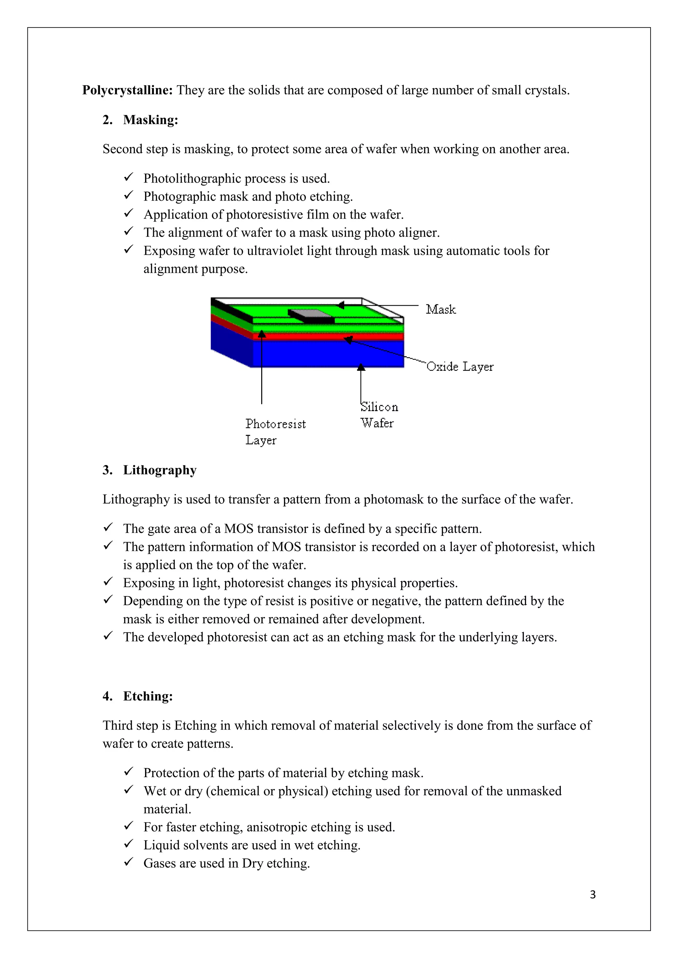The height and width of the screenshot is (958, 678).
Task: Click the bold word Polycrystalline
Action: (x=127, y=90)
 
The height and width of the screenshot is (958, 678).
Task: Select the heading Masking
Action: (x=150, y=120)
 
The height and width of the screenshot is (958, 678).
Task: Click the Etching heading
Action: (x=148, y=696)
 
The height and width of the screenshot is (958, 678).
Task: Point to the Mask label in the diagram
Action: (x=440, y=309)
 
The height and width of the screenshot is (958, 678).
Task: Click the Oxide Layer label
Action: (x=460, y=367)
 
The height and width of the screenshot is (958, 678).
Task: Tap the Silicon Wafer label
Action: (x=378, y=415)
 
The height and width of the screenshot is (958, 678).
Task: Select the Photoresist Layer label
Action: (x=275, y=432)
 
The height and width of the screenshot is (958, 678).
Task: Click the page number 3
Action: (x=592, y=894)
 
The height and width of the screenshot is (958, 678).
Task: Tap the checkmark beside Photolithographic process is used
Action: (x=128, y=177)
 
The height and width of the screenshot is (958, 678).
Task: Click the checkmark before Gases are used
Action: (x=128, y=862)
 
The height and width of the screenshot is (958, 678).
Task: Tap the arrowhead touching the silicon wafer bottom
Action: (x=361, y=367)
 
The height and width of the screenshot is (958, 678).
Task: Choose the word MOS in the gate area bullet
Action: (x=239, y=529)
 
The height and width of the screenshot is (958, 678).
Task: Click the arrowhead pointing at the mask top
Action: (x=341, y=305)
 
